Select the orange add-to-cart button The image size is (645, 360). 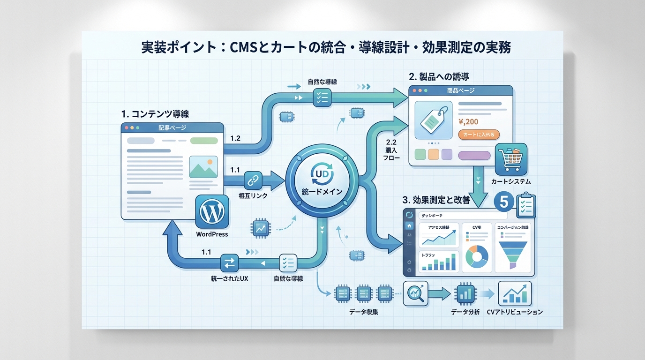[479, 135]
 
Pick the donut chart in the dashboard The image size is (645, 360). [477, 257]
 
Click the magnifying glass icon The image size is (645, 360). [415, 293]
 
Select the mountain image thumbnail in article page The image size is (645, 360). [203, 167]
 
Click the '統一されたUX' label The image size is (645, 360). [230, 279]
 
